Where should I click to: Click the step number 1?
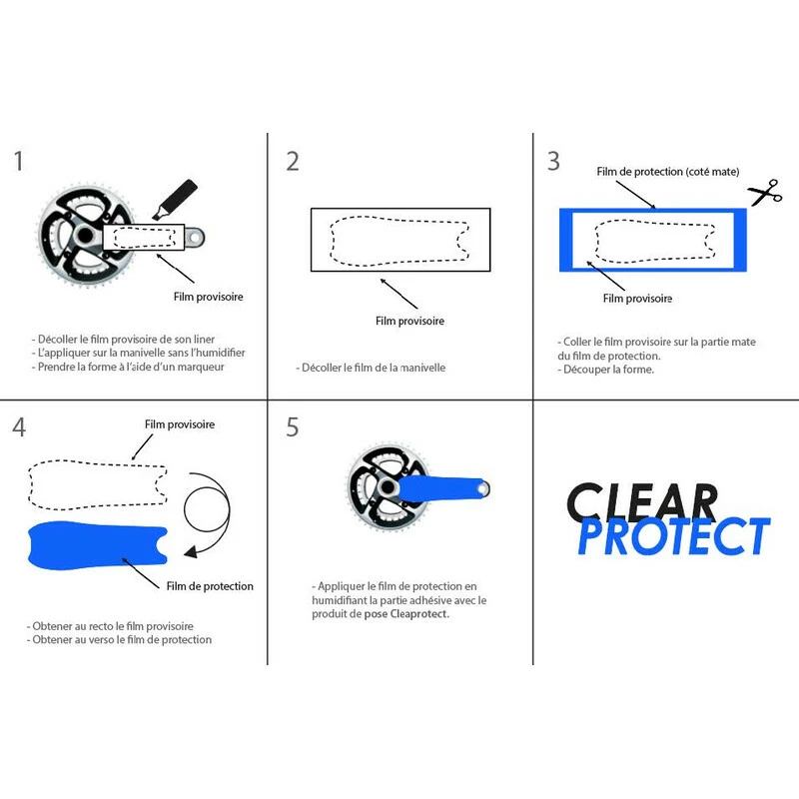point(19,161)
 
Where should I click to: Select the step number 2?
point(292,161)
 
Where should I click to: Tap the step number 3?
point(553,161)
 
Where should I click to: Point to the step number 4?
point(19,427)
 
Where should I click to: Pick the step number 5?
point(292,427)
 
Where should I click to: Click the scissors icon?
point(765,192)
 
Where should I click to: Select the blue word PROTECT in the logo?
point(675,536)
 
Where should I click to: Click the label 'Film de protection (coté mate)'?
point(667,172)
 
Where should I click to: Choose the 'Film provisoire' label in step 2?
point(409,321)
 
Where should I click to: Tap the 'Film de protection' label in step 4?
point(210,585)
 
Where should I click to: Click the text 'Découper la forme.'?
point(611,371)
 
